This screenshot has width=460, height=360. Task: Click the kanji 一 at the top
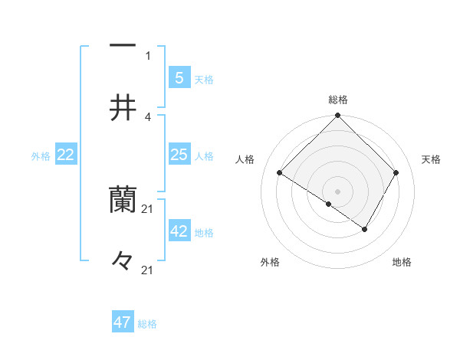[123, 47]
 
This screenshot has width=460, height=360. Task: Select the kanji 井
[123, 108]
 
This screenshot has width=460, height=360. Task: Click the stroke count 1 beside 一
[148, 55]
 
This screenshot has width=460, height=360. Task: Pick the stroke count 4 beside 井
[148, 116]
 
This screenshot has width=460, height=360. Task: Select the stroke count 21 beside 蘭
[148, 208]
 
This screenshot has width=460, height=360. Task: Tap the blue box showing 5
[179, 77]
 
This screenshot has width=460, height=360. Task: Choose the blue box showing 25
[179, 155]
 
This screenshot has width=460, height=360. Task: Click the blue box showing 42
[179, 231]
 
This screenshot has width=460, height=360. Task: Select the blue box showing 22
[66, 155]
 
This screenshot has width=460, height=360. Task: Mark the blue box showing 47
[123, 322]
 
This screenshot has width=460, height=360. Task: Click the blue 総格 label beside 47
[147, 324]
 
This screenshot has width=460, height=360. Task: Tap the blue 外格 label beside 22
[41, 156]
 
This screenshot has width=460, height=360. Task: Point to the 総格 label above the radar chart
[338, 100]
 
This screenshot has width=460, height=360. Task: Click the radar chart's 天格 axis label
[431, 159]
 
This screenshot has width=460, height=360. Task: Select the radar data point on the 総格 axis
[338, 116]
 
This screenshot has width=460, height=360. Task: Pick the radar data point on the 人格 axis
[280, 173]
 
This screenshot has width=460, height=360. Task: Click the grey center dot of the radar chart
[338, 191]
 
